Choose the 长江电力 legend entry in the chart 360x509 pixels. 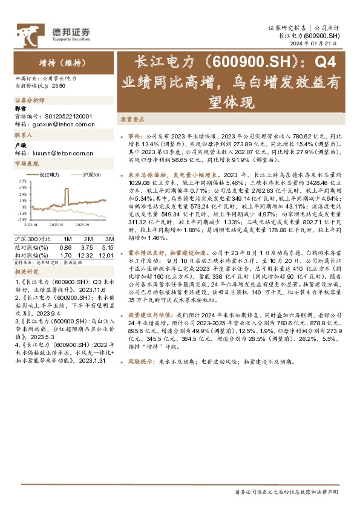[48, 174]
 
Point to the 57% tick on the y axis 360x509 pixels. [22, 181]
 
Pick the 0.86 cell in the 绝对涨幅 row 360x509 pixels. [65, 247]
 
